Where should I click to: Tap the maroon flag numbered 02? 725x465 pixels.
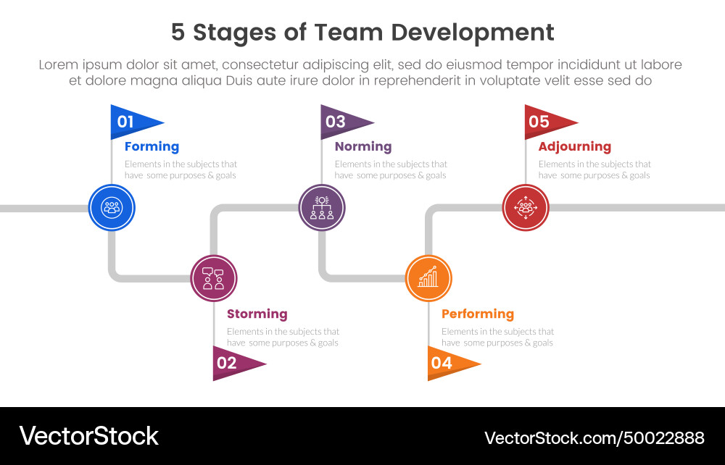233,363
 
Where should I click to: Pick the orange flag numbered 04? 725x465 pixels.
448,363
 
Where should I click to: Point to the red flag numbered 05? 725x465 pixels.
546,122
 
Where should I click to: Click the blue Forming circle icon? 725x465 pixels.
112,208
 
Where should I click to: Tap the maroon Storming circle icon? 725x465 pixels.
213,278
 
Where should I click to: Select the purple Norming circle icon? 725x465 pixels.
322,208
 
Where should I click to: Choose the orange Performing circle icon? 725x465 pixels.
428,278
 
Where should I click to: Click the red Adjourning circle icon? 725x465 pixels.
526,208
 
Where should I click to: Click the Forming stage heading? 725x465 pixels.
152,146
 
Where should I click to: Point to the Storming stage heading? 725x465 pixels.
257,314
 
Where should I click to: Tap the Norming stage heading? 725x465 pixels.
362,146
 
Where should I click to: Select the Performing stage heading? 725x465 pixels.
477,314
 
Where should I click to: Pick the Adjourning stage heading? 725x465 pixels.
574,146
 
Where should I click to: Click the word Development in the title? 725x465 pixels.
472,33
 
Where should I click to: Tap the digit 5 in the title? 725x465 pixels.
178,33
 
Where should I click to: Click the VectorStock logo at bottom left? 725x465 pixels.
88,436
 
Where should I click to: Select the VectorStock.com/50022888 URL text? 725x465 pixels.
594,437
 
